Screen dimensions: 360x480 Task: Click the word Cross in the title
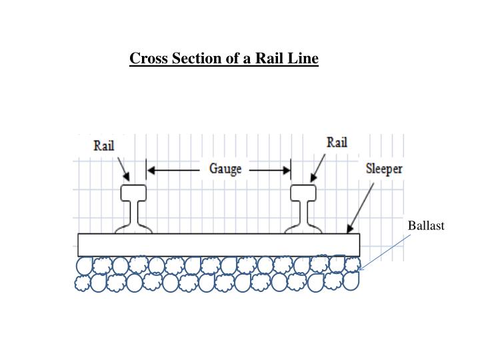[147, 59]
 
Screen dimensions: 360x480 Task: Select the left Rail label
[103, 146]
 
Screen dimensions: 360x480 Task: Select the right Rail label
[336, 143]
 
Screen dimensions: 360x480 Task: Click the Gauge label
[225, 169]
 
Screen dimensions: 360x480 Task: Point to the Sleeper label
[384, 169]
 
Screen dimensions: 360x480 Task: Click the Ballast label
[426, 226]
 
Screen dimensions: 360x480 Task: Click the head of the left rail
[133, 193]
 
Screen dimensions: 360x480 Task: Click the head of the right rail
[303, 193]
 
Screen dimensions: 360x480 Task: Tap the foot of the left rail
[133, 230]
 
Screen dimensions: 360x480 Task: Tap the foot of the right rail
[303, 230]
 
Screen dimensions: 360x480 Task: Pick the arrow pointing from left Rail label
[123, 169]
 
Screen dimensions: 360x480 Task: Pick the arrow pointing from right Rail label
[318, 169]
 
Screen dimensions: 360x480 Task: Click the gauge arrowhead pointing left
[151, 171]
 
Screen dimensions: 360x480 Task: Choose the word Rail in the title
[272, 59]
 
